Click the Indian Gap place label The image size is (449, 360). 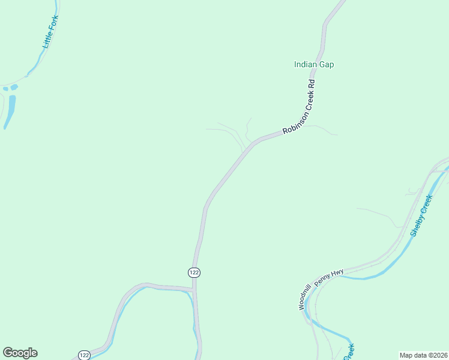click(313, 64)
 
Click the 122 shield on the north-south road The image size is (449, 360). click(193, 272)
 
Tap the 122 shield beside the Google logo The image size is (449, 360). click(84, 355)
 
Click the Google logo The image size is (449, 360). click(20, 353)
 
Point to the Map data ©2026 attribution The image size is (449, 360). click(423, 355)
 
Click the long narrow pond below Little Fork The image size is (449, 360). click(9, 112)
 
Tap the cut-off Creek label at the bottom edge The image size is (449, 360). click(349, 352)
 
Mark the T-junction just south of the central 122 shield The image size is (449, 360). click(194, 290)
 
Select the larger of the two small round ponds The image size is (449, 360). click(14, 87)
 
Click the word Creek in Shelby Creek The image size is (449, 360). click(427, 204)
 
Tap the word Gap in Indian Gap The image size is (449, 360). click(327, 64)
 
